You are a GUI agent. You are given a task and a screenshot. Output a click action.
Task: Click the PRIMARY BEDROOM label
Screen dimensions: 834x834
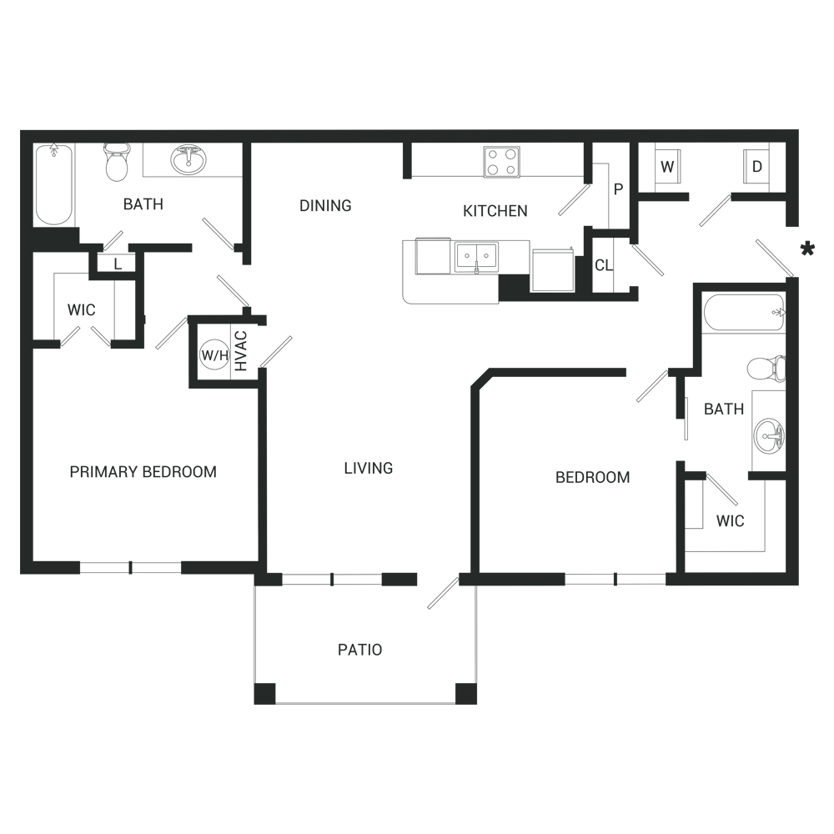coord(143,472)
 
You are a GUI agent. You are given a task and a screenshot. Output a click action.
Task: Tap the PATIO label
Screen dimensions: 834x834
coord(360,650)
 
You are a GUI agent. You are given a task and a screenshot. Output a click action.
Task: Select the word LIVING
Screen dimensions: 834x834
coord(369,468)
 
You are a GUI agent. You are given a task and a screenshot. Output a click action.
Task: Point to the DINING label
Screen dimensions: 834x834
coord(325,205)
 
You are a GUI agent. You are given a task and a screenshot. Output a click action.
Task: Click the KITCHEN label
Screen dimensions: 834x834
coord(495,211)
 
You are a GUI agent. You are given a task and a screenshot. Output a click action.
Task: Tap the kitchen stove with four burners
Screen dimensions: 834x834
coord(501,162)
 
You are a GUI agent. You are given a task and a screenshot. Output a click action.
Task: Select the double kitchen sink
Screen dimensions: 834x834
coord(476,258)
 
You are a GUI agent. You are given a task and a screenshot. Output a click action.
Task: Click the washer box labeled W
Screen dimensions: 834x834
coord(667,167)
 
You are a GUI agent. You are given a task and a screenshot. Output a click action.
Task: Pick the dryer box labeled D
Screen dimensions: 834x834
coord(757,167)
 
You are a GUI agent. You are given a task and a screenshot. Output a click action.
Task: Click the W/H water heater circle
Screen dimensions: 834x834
coord(215,354)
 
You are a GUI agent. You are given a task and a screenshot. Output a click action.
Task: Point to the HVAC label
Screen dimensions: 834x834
coord(241,351)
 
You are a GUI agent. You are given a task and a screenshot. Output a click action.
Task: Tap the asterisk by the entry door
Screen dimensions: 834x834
coord(807,249)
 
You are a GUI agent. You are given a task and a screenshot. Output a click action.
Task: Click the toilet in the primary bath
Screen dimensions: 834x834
coord(117,163)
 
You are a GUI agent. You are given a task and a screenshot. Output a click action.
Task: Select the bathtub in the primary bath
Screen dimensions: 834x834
coord(53,184)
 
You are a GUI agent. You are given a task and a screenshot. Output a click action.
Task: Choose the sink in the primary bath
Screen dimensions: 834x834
coord(188,159)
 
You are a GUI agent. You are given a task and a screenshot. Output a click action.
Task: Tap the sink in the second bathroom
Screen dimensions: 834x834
coord(770,436)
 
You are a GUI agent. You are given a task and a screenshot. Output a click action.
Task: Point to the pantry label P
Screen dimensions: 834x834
coord(618,188)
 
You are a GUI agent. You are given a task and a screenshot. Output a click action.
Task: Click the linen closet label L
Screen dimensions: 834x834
coord(118,264)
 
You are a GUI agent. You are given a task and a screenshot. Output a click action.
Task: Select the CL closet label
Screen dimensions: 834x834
coord(604,265)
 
